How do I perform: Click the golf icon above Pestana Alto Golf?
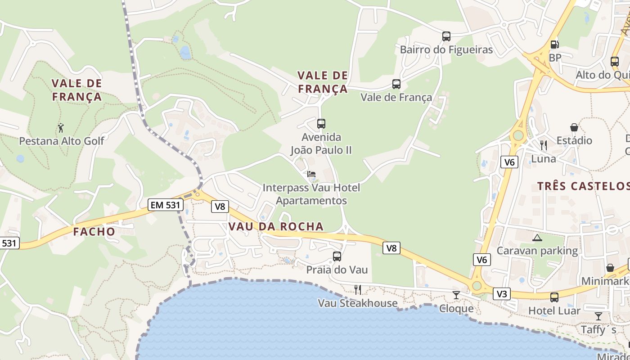pyautogui.click(x=61, y=128)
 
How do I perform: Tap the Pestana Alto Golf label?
pyautogui.click(x=61, y=141)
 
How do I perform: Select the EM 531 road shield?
pyautogui.click(x=166, y=205)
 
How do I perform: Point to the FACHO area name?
pyautogui.click(x=94, y=232)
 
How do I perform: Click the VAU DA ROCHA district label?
pyautogui.click(x=276, y=226)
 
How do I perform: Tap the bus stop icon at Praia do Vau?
pyautogui.click(x=337, y=256)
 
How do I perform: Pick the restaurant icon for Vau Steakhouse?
pyautogui.click(x=357, y=289)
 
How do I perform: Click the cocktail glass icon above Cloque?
pyautogui.click(x=456, y=295)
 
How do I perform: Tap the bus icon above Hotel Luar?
pyautogui.click(x=554, y=297)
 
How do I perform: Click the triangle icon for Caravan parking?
pyautogui.click(x=537, y=237)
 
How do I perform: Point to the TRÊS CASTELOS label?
pyautogui.click(x=583, y=186)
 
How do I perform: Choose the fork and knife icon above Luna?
pyautogui.click(x=543, y=145)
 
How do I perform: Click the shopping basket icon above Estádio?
pyautogui.click(x=574, y=127)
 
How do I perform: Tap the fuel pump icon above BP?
pyautogui.click(x=555, y=45)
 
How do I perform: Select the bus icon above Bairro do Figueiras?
pyautogui.click(x=446, y=36)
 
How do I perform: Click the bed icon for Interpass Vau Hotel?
pyautogui.click(x=311, y=174)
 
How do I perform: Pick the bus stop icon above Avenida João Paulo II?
pyautogui.click(x=321, y=123)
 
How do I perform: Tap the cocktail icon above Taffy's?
pyautogui.click(x=598, y=316)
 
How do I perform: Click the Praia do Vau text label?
pyautogui.click(x=337, y=270)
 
